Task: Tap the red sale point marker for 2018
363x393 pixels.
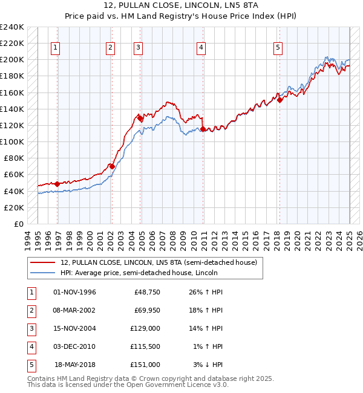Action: [x=280, y=100]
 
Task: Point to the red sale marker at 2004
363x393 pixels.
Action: [x=140, y=119]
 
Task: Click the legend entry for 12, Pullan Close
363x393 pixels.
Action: [x=159, y=262]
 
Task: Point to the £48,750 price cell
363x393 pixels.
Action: [x=147, y=292]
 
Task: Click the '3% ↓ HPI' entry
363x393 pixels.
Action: [x=208, y=365]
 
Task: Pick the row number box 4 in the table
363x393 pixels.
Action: [x=31, y=346]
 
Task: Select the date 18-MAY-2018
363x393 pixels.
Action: [x=75, y=365]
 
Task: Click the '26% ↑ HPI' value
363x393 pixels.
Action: [x=206, y=292]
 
